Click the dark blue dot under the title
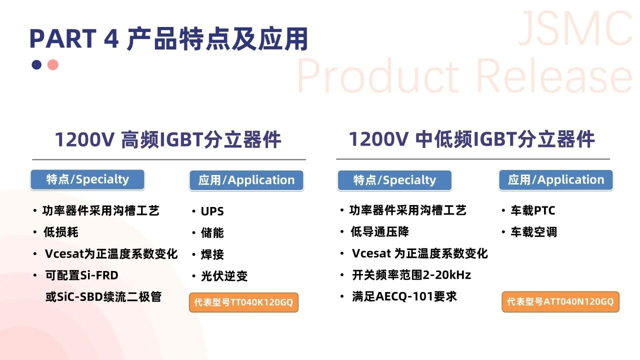click(36, 65)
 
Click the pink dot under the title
click(53, 65)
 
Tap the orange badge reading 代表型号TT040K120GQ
click(243, 302)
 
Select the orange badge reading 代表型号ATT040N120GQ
click(560, 301)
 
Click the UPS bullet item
click(212, 211)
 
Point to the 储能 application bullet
click(212, 232)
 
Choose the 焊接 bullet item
click(212, 254)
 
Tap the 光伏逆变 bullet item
click(224, 276)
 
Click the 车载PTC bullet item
click(533, 210)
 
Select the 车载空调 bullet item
click(533, 232)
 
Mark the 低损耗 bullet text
click(61, 232)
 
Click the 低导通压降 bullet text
click(379, 231)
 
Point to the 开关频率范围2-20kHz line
click(411, 275)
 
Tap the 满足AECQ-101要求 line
click(404, 296)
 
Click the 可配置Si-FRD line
click(81, 275)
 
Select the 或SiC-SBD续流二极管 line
click(103, 297)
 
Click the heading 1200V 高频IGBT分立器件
click(168, 139)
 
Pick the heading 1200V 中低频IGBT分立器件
click(471, 139)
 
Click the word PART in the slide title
click(63, 38)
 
